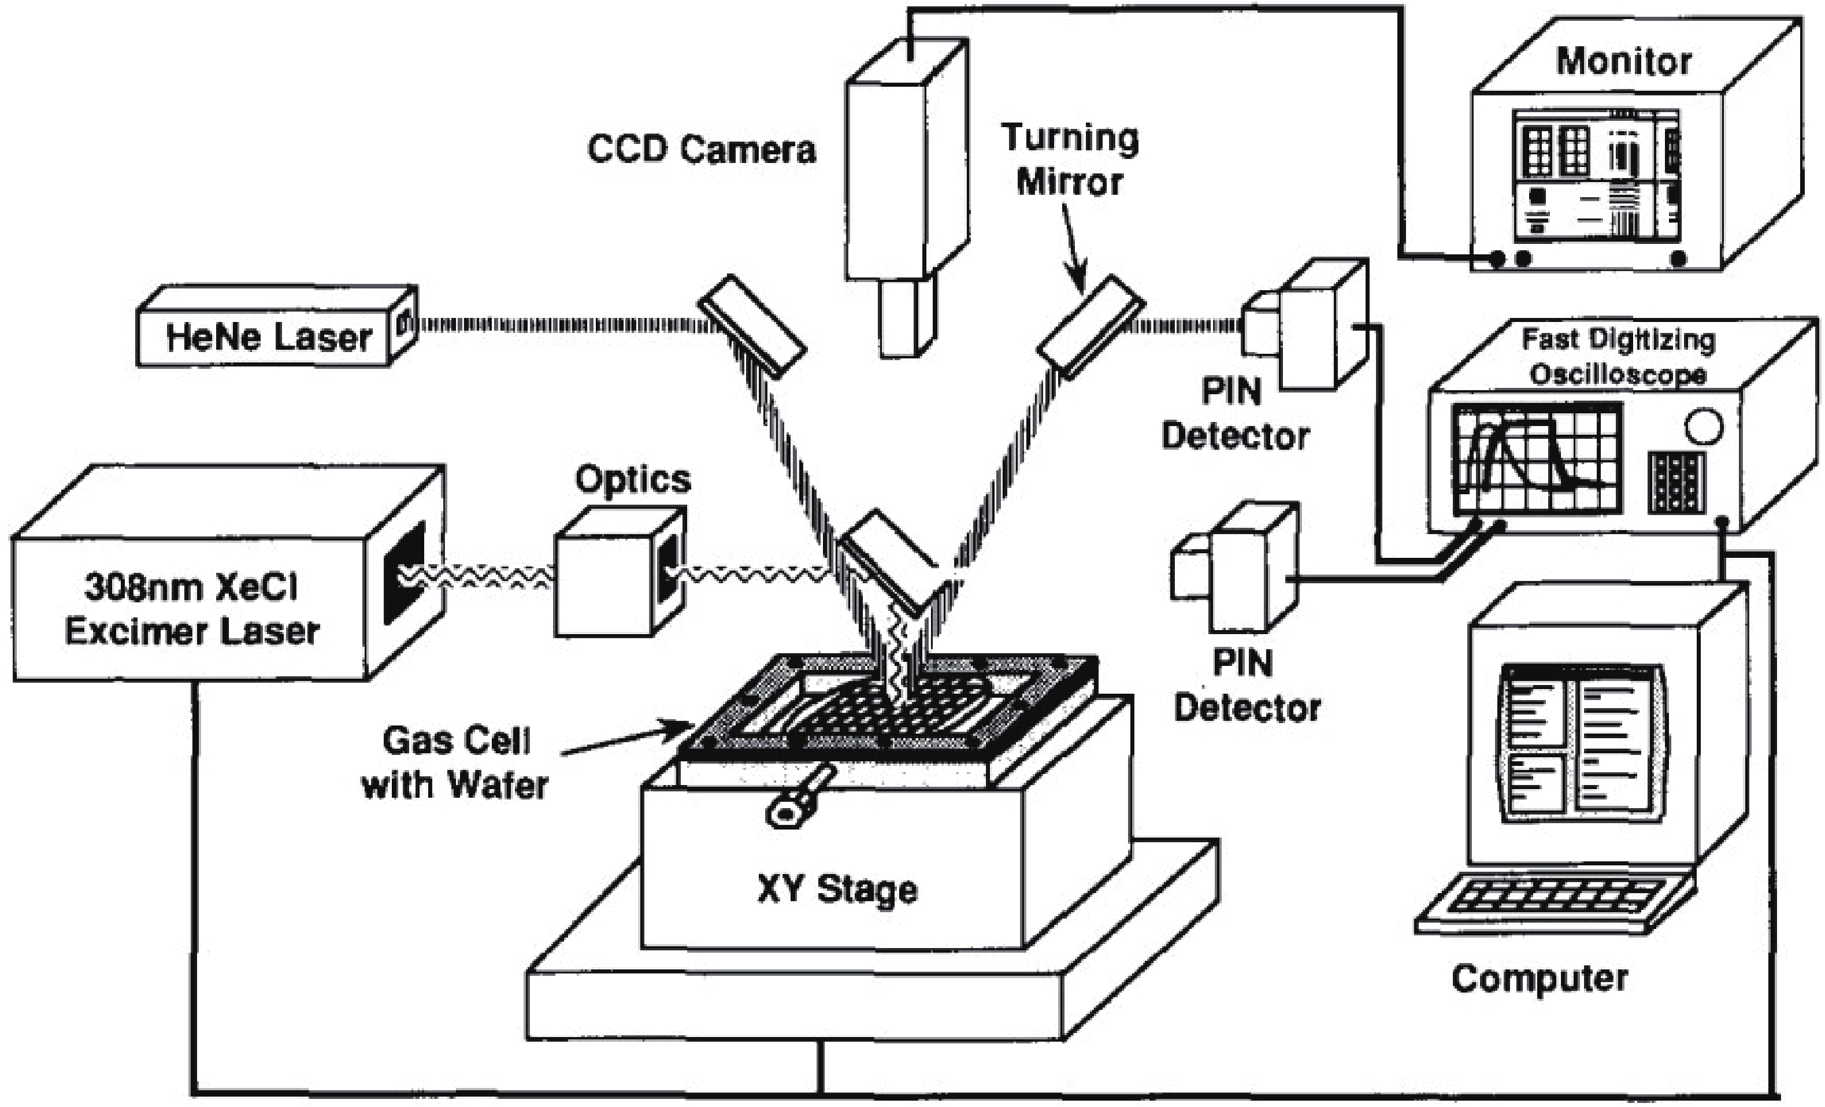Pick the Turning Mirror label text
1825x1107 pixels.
(x=1070, y=160)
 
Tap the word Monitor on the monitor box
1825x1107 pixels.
(x=1623, y=61)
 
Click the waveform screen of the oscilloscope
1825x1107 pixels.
(x=1536, y=458)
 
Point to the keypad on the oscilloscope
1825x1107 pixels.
(x=1676, y=482)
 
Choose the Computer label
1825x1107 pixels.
(x=1539, y=978)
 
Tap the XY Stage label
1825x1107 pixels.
(x=837, y=889)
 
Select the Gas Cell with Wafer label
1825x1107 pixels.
(x=455, y=762)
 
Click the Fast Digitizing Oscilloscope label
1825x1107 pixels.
(x=1618, y=357)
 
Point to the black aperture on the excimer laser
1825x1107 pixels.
(x=405, y=572)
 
